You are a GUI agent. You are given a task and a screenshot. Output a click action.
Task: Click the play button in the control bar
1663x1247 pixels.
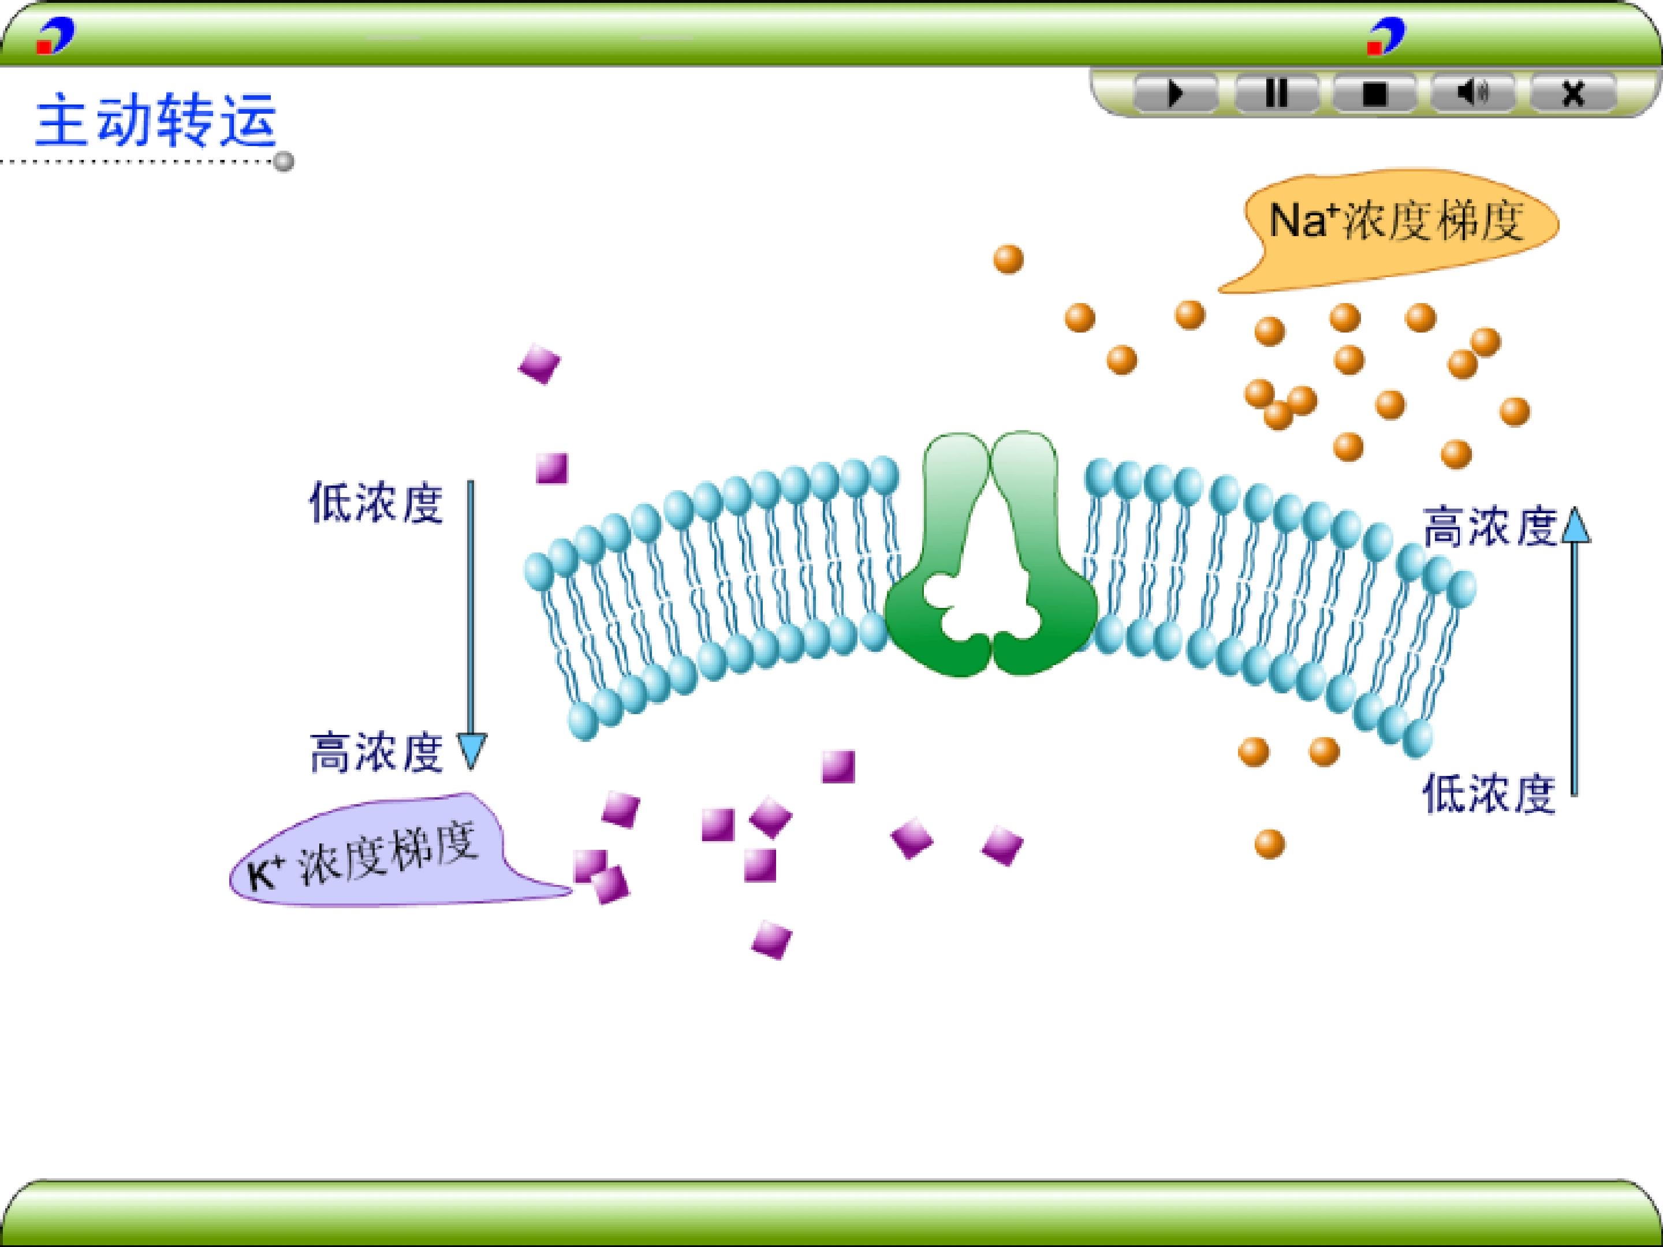pos(1176,94)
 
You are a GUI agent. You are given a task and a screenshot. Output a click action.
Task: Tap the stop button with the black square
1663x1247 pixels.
pos(1374,94)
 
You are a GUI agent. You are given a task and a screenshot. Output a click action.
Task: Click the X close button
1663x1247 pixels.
pos(1573,94)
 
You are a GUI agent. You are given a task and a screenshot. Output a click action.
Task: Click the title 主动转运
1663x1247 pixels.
pos(156,120)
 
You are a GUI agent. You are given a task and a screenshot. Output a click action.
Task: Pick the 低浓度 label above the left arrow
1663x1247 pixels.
pos(376,503)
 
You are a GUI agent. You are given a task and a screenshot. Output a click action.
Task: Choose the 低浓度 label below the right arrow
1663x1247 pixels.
pos(1488,794)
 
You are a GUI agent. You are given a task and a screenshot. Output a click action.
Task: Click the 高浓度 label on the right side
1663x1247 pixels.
pos(1488,526)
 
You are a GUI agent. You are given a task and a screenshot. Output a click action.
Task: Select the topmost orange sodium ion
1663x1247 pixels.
pos(1008,259)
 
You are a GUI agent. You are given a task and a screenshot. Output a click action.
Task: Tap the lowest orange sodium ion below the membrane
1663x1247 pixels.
pos(1270,843)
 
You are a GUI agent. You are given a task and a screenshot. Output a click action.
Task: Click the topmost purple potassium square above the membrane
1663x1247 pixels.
pos(540,364)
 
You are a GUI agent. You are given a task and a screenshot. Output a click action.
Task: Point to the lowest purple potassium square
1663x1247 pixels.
pos(771,939)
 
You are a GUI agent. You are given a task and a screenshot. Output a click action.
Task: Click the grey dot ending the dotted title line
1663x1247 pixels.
pos(284,162)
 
